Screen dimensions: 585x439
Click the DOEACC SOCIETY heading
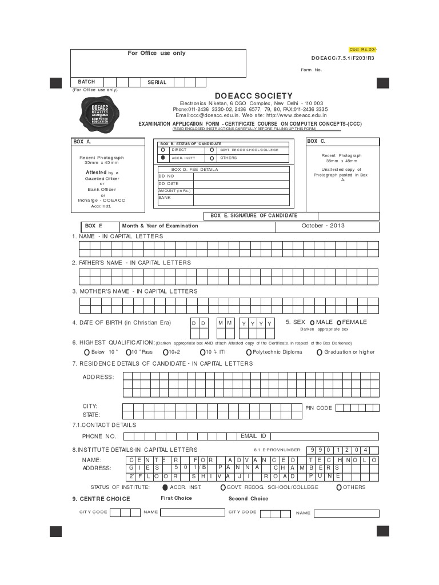(254, 96)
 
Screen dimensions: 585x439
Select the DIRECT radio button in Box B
(163, 150)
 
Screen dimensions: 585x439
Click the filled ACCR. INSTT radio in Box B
(163, 158)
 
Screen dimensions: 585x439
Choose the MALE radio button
(312, 322)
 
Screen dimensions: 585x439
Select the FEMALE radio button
(340, 322)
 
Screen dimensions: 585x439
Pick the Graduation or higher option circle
(320, 352)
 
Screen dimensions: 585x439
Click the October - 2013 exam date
(323, 226)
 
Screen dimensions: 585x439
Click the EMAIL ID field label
(253, 436)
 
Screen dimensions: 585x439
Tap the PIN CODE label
(318, 408)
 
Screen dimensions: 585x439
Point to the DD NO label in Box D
(166, 176)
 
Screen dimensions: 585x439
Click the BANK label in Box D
(165, 198)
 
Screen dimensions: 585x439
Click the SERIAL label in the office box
(157, 82)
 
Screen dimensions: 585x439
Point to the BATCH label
(86, 82)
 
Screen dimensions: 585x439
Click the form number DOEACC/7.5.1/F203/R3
(343, 58)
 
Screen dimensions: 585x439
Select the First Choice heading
(176, 498)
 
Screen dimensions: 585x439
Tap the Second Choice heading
(248, 499)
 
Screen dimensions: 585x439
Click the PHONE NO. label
(99, 436)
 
